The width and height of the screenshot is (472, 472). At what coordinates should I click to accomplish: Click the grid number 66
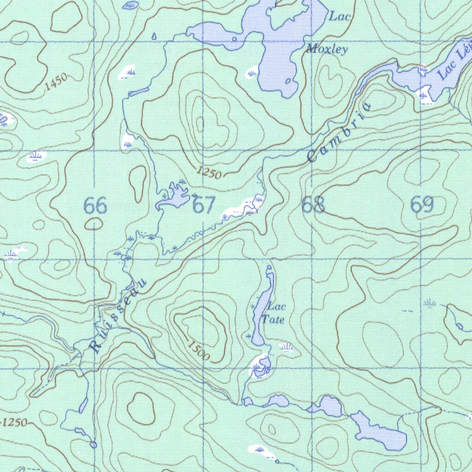(95, 206)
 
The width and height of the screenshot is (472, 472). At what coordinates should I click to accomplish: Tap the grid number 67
(204, 205)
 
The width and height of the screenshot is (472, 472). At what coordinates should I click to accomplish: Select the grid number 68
(313, 205)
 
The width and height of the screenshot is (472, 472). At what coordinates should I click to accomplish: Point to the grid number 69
(422, 204)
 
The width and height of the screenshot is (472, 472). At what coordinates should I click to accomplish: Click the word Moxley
(327, 49)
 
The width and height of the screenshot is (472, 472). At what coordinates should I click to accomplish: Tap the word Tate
(273, 319)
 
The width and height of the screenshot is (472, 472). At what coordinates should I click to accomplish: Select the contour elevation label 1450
(57, 81)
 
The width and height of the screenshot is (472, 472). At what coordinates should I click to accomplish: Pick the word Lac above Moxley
(340, 17)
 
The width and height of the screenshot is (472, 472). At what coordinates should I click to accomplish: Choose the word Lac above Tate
(277, 307)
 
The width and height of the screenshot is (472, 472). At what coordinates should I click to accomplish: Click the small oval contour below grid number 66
(94, 224)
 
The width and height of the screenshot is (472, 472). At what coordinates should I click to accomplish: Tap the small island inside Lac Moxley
(289, 82)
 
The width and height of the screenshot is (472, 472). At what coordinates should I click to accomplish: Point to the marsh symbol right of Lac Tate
(287, 347)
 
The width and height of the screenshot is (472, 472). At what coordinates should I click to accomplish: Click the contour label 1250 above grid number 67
(209, 173)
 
